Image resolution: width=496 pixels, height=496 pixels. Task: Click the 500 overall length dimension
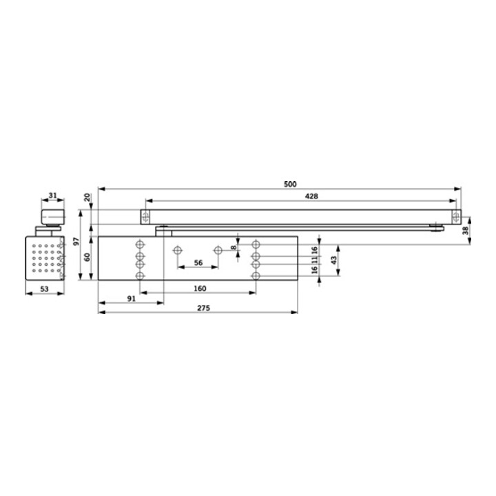click(x=289, y=184)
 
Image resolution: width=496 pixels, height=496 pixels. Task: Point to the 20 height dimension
click(x=87, y=197)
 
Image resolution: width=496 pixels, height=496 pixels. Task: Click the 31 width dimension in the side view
click(x=52, y=196)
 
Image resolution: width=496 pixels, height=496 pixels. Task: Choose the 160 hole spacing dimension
click(x=200, y=289)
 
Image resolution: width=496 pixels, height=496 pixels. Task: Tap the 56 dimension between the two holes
click(x=198, y=263)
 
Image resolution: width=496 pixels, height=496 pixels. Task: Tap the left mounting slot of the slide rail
click(x=145, y=216)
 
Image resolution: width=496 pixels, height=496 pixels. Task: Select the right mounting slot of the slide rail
click(x=455, y=216)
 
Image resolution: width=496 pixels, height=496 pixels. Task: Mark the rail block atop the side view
click(x=51, y=218)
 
